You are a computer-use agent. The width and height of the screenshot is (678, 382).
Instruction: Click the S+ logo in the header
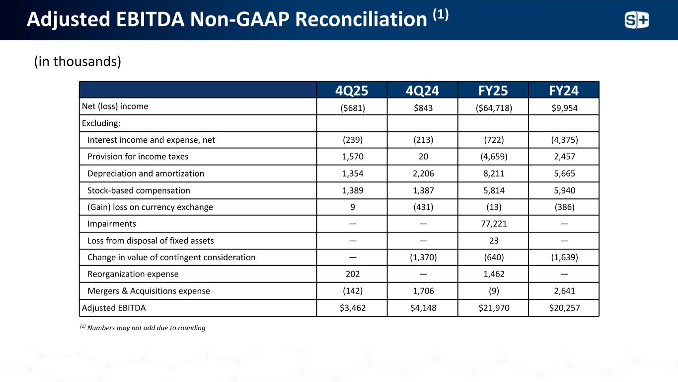tap(637, 20)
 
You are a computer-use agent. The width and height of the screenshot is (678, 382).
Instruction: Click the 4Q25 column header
tap(352, 90)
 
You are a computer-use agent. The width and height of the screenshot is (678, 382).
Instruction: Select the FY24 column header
tap(564, 90)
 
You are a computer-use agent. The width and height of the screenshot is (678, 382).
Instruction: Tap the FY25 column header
tap(493, 90)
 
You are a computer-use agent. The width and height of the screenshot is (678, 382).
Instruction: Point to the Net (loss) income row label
tap(115, 106)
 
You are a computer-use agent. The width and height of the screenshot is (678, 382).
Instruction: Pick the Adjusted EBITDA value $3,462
tap(352, 308)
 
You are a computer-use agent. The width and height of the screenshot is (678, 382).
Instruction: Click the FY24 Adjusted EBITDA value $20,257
tap(564, 308)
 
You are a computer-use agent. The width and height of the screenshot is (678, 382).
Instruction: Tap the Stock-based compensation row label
tap(139, 190)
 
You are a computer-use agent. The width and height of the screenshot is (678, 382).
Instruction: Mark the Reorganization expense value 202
tap(352, 274)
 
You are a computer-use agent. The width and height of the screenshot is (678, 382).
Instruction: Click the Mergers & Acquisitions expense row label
tap(149, 291)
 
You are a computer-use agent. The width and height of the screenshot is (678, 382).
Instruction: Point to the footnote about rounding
tap(143, 328)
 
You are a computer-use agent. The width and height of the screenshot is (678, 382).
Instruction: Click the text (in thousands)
tap(77, 62)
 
